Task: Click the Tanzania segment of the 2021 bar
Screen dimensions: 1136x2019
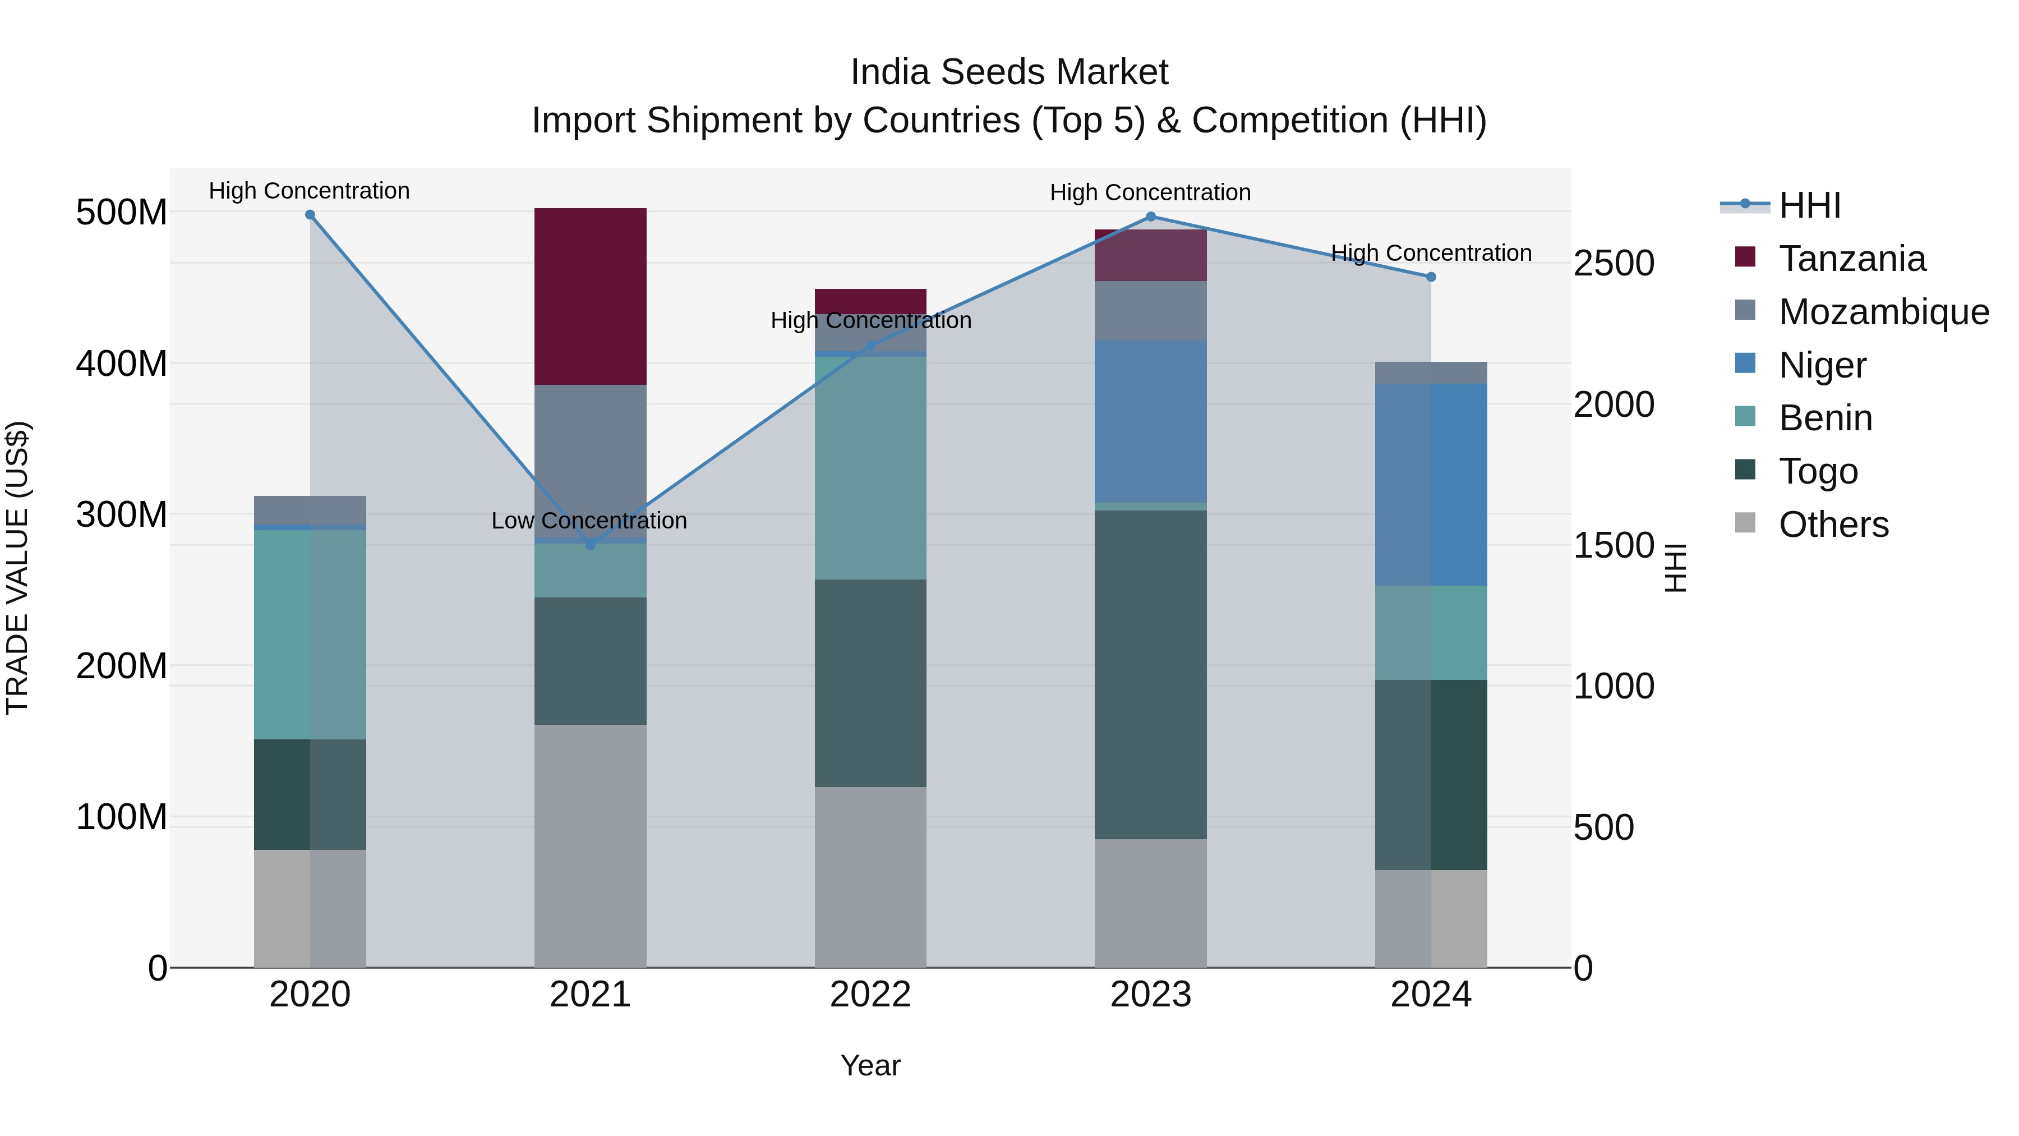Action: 590,296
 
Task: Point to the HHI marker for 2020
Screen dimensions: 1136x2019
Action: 310,215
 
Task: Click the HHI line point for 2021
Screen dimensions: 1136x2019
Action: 590,545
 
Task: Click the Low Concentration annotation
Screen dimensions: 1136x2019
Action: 589,521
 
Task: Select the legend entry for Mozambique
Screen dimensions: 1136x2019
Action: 1883,312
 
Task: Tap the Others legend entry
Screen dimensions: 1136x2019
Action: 1833,525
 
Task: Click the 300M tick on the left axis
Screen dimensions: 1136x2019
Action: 122,515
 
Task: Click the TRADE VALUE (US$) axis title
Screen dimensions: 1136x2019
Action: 17,568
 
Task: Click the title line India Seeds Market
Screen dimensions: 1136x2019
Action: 1009,72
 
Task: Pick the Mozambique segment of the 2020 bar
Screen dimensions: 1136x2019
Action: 310,509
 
